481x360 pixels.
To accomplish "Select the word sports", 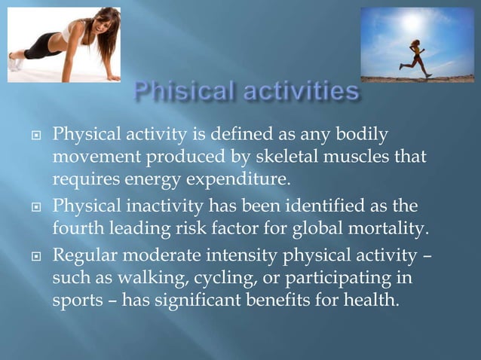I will point(75,301).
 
